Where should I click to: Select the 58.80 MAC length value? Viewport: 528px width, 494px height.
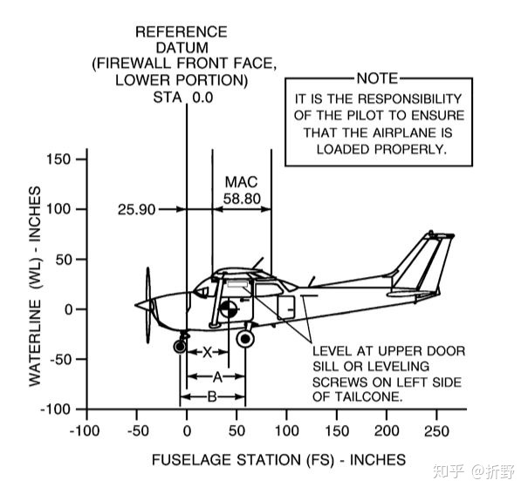click(x=242, y=198)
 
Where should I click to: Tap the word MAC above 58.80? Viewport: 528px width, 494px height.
click(x=242, y=182)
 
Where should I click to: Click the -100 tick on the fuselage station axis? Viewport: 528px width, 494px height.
click(x=85, y=431)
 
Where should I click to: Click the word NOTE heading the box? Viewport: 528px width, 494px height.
click(x=377, y=78)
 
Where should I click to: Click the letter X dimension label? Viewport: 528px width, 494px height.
click(x=207, y=353)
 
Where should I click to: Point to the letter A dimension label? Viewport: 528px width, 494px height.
click(x=217, y=376)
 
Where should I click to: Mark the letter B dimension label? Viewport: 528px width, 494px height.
click(x=212, y=396)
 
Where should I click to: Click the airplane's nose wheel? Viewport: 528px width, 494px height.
click(x=181, y=347)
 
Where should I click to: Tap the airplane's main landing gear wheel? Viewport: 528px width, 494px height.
click(x=246, y=339)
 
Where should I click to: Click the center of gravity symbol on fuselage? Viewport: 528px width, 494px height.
click(x=228, y=308)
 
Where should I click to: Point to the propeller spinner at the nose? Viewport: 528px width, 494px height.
click(x=142, y=305)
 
